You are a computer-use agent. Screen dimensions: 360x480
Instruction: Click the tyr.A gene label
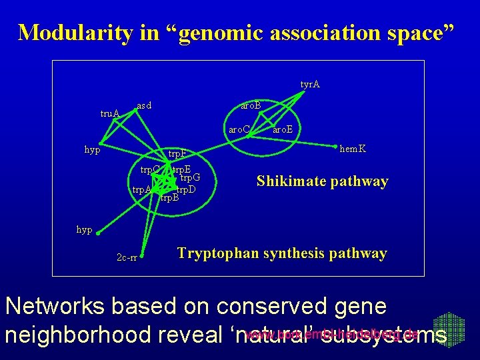pyautogui.click(x=310, y=85)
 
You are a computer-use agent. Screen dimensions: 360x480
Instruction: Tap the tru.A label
pyautogui.click(x=110, y=114)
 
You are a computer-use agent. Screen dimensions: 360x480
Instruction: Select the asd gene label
pyautogui.click(x=144, y=105)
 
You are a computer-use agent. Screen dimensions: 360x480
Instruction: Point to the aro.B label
pyautogui.click(x=251, y=106)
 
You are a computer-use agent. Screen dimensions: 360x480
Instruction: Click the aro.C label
pyautogui.click(x=239, y=129)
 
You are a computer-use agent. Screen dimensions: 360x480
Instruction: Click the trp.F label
pyautogui.click(x=177, y=155)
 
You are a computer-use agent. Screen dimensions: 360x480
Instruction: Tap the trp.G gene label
pyautogui.click(x=190, y=177)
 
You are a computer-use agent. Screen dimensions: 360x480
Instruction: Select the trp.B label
pyautogui.click(x=170, y=198)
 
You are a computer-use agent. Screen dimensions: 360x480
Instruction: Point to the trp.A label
pyautogui.click(x=141, y=190)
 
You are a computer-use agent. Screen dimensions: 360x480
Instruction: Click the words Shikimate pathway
pyautogui.click(x=323, y=181)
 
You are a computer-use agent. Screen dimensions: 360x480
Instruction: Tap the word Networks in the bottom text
pyautogui.click(x=53, y=306)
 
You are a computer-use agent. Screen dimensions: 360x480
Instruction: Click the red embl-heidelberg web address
pyautogui.click(x=331, y=334)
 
